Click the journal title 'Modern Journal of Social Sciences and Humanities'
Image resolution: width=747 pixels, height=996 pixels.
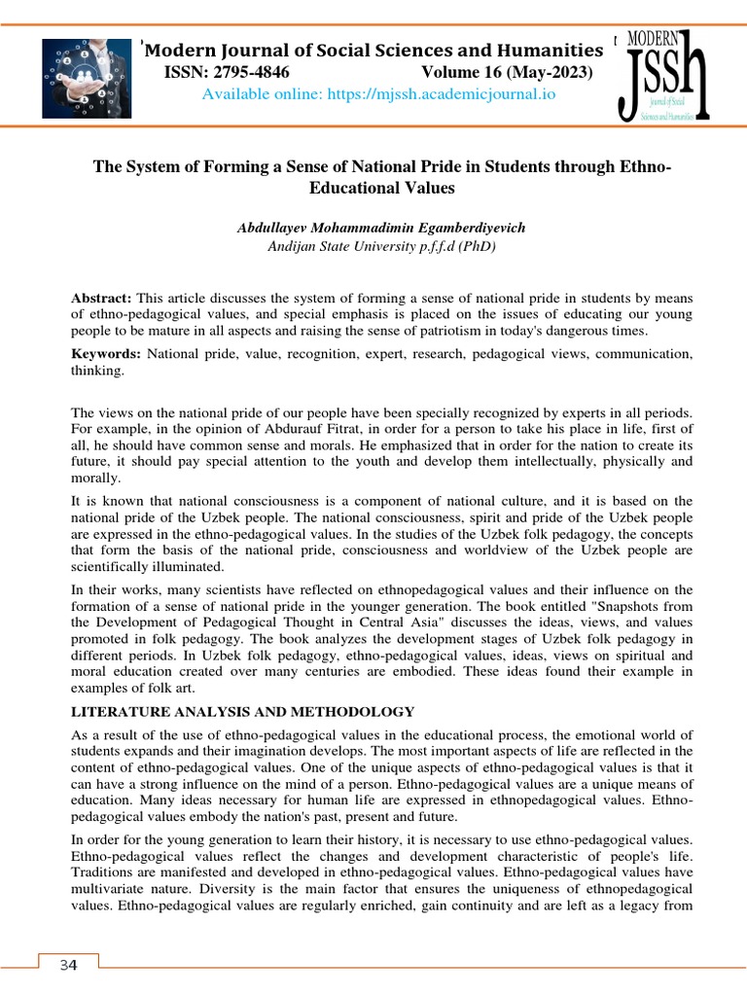pos(373,51)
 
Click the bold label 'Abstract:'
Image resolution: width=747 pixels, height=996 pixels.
pos(102,296)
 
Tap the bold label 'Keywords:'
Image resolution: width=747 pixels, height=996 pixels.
pos(106,354)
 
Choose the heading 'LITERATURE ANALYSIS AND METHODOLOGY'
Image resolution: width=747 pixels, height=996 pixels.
pos(243,712)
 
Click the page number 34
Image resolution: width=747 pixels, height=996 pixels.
pos(67,965)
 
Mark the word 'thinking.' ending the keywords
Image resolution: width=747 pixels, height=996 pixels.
pos(97,372)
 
